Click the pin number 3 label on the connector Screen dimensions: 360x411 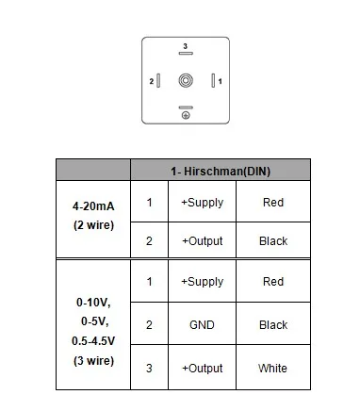click(186, 46)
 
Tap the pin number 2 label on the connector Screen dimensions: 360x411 click(152, 81)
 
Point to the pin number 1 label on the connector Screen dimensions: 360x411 click(220, 81)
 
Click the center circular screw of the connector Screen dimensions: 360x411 click(186, 80)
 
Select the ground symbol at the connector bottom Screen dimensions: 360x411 click(186, 116)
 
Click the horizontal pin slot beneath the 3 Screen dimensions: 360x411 click(186, 54)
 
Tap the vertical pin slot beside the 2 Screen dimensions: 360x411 click(158, 81)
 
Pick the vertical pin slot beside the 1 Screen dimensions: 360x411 click(213, 81)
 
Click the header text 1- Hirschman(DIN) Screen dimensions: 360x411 click(221, 172)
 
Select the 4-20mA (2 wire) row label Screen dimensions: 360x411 click(93, 216)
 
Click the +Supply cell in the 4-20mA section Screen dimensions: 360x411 click(203, 203)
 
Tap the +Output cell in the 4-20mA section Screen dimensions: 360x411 click(203, 241)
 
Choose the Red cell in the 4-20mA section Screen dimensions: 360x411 click(273, 203)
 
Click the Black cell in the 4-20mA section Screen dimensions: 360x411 click(273, 241)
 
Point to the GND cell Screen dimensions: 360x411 click(202, 324)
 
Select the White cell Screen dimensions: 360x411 click(272, 368)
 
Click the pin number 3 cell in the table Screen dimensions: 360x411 click(149, 368)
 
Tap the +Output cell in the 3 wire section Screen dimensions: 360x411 click(203, 368)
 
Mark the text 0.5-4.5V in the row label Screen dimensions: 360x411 click(93, 341)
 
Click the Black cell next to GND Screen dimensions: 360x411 click(273, 324)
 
